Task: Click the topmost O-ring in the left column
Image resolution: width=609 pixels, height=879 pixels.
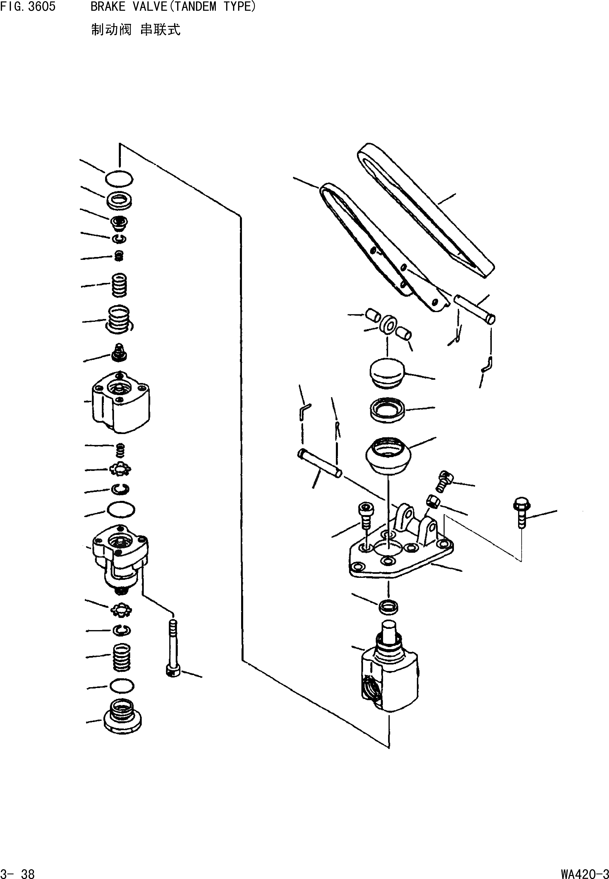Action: tap(119, 178)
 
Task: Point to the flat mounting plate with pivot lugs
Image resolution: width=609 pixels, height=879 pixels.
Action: tap(401, 552)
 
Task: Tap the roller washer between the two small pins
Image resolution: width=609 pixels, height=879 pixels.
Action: tap(388, 324)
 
